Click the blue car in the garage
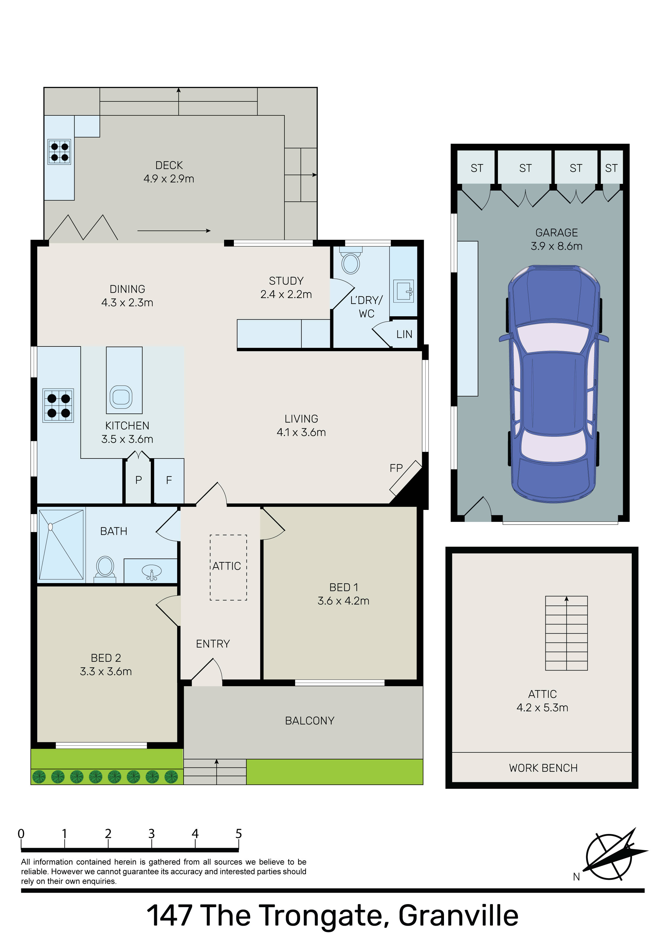click(554, 384)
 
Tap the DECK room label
click(169, 165)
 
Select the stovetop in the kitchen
click(58, 405)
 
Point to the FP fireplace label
click(396, 468)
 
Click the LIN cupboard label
click(404, 334)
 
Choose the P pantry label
click(139, 480)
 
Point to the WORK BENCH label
click(543, 768)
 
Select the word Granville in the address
click(458, 916)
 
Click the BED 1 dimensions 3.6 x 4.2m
click(344, 601)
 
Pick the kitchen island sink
click(121, 397)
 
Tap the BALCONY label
click(310, 721)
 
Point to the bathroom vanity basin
click(151, 571)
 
